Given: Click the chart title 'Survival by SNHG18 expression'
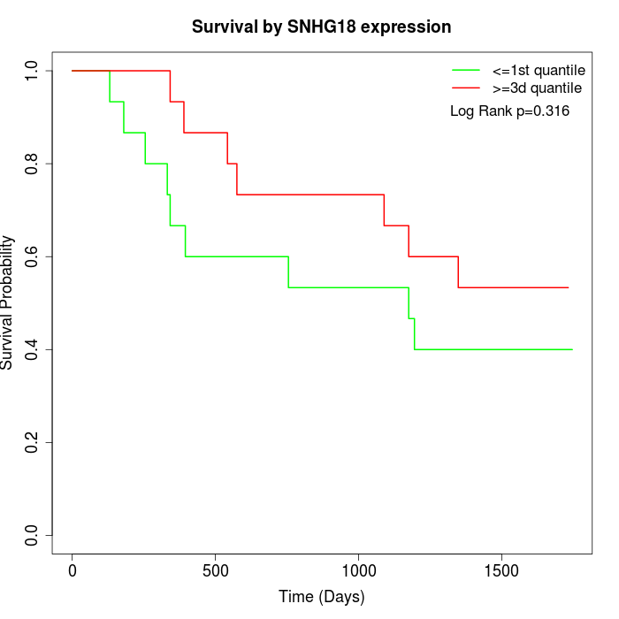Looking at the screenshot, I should point(322,27).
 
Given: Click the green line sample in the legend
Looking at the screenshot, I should point(465,70).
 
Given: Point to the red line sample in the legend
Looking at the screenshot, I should point(465,88).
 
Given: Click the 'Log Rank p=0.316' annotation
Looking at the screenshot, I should point(509,111).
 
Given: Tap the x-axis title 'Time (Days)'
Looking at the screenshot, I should point(322,598).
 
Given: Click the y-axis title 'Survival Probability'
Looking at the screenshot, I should point(8,302).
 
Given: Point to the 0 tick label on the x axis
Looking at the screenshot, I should point(73,570).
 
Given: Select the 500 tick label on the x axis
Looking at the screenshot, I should point(215,570).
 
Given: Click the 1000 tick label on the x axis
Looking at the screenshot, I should point(358,570).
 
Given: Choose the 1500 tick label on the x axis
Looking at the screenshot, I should point(501,570).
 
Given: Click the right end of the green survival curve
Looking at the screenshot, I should point(572,349).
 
